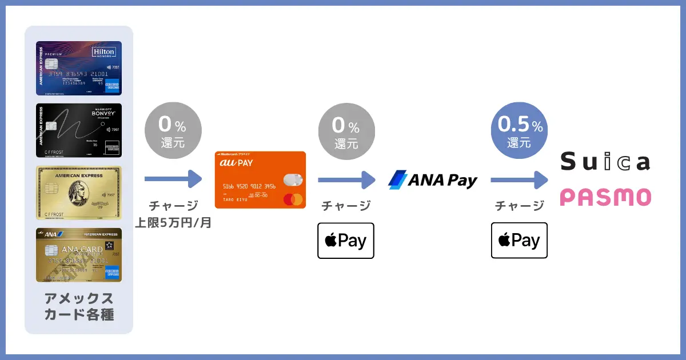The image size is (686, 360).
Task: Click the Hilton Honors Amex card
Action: (79, 68)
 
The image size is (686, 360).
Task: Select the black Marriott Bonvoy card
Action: (79, 130)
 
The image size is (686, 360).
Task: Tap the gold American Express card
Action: (79, 193)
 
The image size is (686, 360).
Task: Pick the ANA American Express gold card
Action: (79, 255)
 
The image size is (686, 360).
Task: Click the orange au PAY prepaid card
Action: (260, 179)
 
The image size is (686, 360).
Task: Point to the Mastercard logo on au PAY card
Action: (292, 199)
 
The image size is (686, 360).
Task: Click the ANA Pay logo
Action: (433, 180)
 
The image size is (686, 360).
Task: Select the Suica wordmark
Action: (605, 162)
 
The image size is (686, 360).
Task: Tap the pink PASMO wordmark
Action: (605, 197)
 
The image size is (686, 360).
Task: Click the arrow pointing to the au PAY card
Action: (173, 179)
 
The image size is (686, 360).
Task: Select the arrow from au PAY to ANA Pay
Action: (346, 180)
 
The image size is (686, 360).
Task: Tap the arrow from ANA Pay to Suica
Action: (519, 180)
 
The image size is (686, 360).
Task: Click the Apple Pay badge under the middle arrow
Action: (346, 241)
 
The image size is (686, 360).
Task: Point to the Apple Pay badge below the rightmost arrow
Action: (519, 241)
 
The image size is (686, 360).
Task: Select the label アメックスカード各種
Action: (79, 306)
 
